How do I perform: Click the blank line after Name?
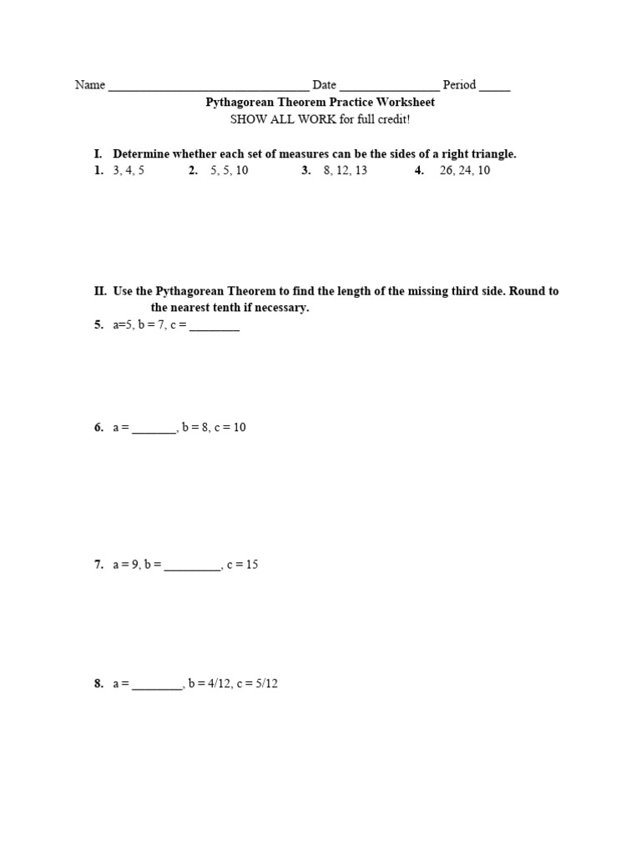click(x=209, y=88)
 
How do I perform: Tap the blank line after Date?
click(x=390, y=88)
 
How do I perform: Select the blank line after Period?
click(x=495, y=88)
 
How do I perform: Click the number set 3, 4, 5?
click(x=129, y=170)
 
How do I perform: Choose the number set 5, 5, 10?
click(x=230, y=170)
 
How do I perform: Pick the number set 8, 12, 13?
click(x=345, y=170)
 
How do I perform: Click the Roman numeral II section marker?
click(x=100, y=291)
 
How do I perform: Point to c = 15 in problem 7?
click(x=243, y=565)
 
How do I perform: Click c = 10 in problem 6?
click(x=230, y=427)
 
